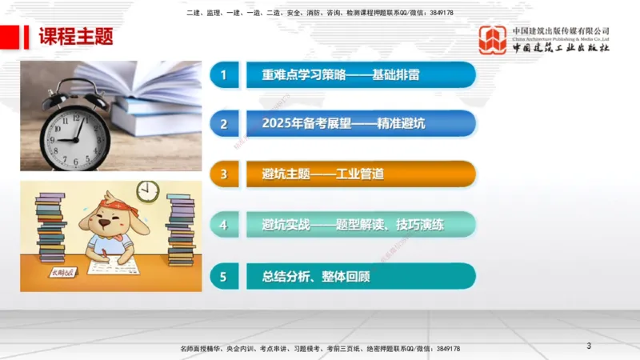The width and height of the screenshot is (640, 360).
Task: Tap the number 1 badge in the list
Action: (x=224, y=75)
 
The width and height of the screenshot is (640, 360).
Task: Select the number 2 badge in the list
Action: (x=224, y=124)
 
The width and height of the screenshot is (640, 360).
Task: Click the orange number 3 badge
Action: (x=224, y=174)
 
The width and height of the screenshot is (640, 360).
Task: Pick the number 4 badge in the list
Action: (x=224, y=225)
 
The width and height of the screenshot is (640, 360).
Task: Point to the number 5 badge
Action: (x=224, y=276)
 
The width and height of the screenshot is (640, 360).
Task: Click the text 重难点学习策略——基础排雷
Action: (x=340, y=75)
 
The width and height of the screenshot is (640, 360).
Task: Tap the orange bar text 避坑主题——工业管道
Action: (x=323, y=174)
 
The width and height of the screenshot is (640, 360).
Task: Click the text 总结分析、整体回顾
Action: (x=316, y=276)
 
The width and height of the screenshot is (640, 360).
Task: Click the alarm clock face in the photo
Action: (x=75, y=130)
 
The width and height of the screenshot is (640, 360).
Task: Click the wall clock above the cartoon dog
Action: (x=147, y=191)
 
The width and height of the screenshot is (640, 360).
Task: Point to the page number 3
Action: (x=589, y=346)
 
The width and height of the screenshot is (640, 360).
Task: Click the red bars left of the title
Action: (x=26, y=37)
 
